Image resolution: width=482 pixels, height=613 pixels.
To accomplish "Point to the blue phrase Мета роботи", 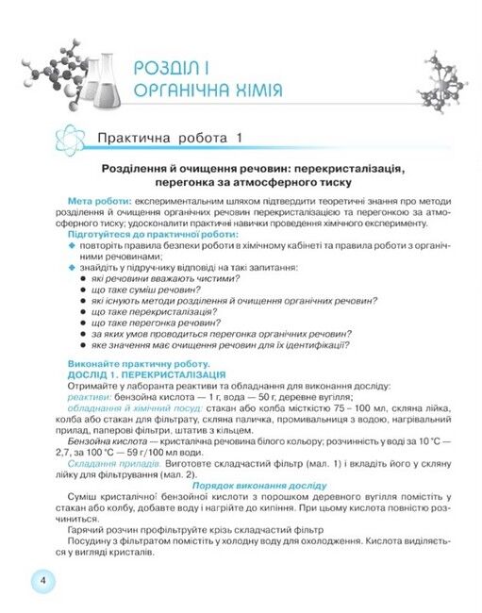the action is pos(98,203).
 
